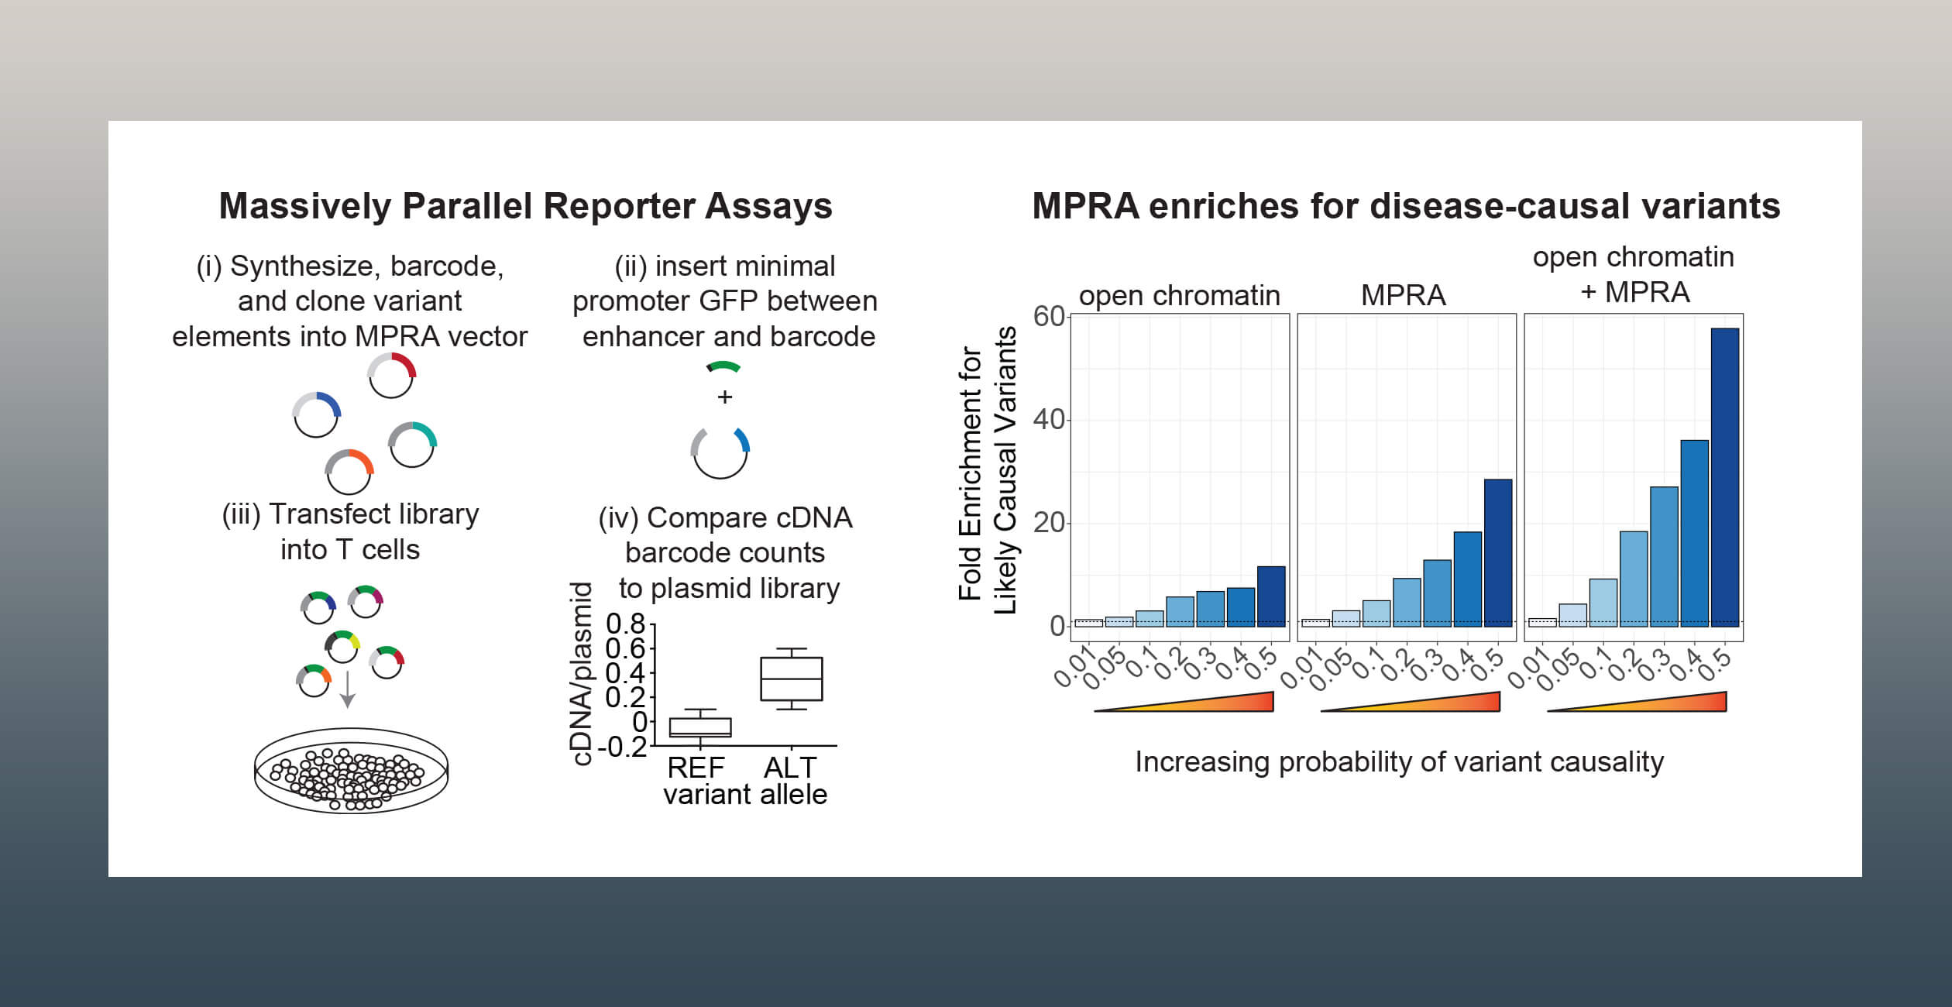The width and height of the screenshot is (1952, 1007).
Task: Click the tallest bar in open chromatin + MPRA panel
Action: coord(1724,476)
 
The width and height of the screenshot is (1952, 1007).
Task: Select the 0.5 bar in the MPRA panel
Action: coord(1498,552)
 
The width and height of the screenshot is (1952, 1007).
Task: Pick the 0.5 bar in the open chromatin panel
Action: coord(1271,596)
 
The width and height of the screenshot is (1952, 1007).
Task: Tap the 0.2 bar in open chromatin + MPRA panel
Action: coord(1634,578)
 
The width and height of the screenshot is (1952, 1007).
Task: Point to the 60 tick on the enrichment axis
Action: coord(1049,316)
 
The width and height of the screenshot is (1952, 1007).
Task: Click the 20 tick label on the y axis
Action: coord(1049,523)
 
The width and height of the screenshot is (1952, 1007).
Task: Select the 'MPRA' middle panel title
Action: coord(1403,295)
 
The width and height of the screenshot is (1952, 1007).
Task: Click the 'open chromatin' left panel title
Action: coord(1179,295)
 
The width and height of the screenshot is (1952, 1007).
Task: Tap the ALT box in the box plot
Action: coord(791,679)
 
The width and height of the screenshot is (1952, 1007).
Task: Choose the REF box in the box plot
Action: coord(700,727)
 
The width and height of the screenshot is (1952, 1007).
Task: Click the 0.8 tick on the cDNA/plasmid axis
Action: coord(626,624)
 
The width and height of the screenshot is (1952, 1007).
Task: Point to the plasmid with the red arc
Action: coord(391,376)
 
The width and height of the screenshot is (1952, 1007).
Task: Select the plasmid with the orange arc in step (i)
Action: coord(349,471)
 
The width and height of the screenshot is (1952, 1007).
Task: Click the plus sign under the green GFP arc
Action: coord(724,397)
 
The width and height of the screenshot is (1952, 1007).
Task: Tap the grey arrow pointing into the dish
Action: coord(348,689)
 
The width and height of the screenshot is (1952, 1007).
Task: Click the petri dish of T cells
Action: coord(351,771)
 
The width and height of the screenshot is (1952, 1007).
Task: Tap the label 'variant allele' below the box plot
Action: coord(745,795)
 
